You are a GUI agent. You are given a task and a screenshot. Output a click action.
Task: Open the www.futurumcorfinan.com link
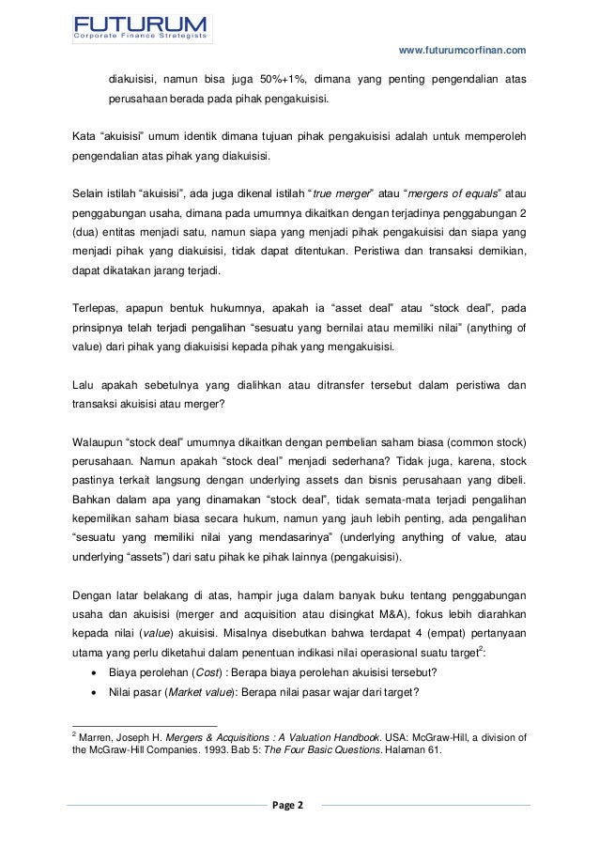click(x=463, y=50)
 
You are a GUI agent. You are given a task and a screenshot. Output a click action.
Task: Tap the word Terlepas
click(x=96, y=308)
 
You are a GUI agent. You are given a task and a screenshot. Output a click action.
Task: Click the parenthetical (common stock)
click(x=483, y=441)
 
